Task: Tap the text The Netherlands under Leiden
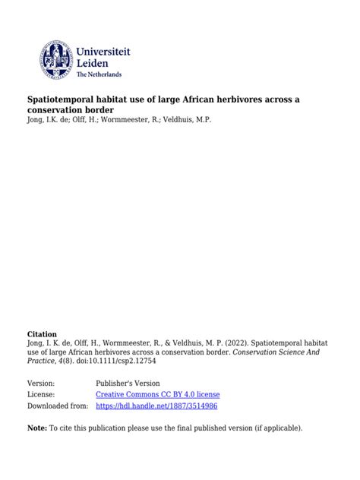point(99,74)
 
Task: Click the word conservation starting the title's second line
point(61,110)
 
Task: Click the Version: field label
point(44,384)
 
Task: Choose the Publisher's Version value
point(128,384)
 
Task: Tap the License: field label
point(43,395)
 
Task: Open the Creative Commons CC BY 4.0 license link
point(158,395)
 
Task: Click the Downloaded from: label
point(58,406)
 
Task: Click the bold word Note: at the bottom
point(37,428)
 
